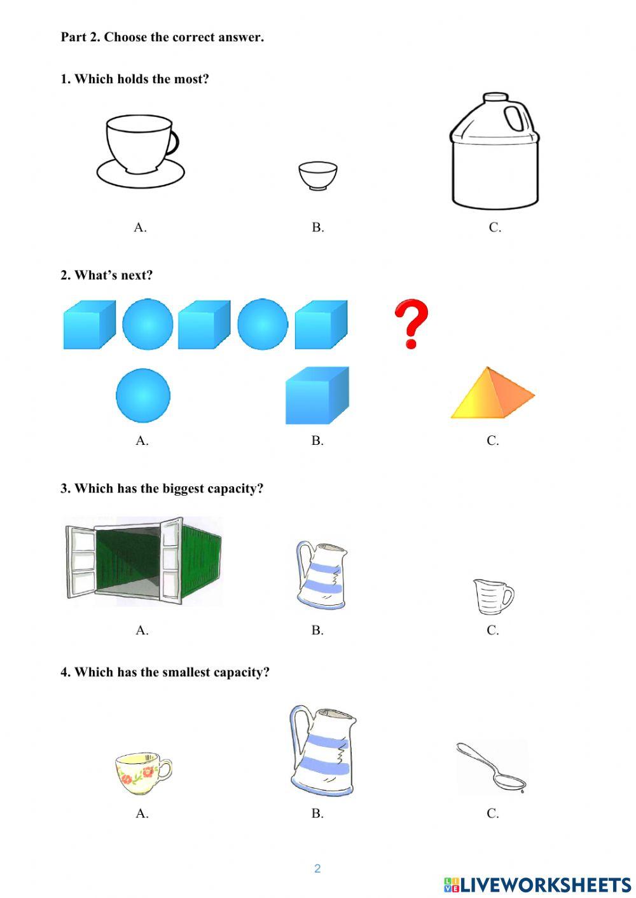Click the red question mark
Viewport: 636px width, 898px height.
(411, 324)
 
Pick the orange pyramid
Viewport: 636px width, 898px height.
(492, 394)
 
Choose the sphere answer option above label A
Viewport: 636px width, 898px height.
(143, 395)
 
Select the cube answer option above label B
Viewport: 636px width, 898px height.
(317, 395)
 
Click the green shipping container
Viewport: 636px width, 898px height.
(145, 559)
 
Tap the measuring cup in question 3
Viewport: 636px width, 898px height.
(493, 596)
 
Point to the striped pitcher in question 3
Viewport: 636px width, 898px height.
(322, 575)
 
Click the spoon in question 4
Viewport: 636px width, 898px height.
(492, 767)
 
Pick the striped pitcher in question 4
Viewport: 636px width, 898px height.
(322, 750)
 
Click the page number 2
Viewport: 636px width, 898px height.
(317, 868)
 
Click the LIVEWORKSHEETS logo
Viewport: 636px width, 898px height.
(537, 885)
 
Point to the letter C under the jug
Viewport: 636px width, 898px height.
(495, 228)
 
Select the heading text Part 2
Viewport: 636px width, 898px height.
(80, 37)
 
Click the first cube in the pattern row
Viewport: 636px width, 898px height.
(89, 325)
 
